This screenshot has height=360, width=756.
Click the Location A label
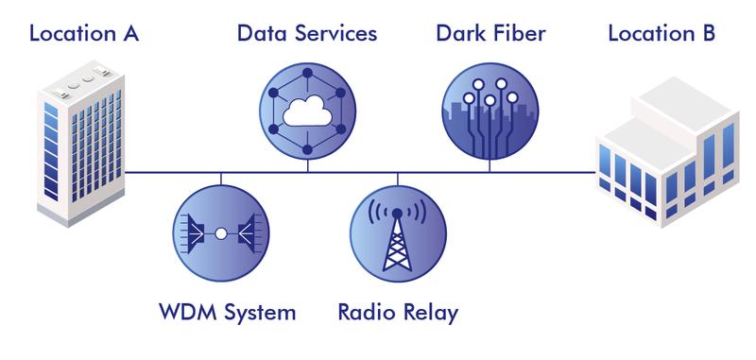pos(84,34)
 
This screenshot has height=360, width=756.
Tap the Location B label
pos(661,34)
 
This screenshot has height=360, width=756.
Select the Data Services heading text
pos(307,34)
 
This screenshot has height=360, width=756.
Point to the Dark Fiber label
pos(490,34)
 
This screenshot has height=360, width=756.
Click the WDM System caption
pos(228,313)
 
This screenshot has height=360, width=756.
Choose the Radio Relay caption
pos(398,313)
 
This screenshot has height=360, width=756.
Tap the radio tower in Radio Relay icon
pos(397,240)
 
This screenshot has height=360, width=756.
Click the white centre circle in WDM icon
pos(221,233)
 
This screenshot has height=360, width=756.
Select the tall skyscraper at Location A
pos(81,143)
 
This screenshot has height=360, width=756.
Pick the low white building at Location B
pos(667,152)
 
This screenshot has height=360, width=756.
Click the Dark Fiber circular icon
pos(490,111)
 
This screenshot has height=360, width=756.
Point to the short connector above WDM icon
pos(221,179)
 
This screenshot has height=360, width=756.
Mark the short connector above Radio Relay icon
pos(397,179)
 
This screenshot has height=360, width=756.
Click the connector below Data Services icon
pos(308,165)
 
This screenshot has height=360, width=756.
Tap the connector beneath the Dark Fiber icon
pos(490,165)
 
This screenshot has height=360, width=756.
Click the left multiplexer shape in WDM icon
pos(196,233)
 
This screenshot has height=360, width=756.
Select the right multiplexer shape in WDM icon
pos(247,233)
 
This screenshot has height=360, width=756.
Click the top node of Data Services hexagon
pos(308,73)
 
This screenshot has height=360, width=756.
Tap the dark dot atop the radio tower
pos(397,213)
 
